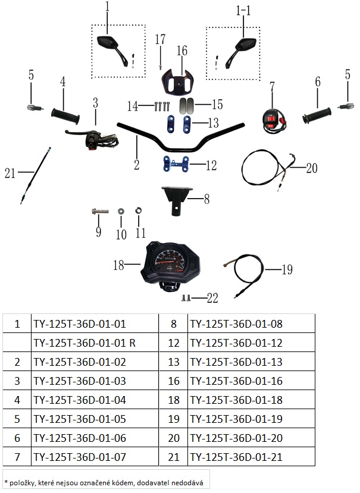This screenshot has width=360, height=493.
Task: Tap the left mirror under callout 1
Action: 112,51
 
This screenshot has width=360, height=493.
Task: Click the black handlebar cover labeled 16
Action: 177,81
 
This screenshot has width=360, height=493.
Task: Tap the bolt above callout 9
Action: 100,211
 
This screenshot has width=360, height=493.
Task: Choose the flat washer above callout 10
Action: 121,211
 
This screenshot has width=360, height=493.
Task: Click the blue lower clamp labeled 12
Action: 176,164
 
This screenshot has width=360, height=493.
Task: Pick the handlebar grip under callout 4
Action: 65,116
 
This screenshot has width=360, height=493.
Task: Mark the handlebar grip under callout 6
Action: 317,116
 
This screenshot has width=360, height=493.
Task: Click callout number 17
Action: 160,39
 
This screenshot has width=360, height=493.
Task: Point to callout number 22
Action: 212,298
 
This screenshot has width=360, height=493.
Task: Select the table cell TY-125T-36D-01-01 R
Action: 84,343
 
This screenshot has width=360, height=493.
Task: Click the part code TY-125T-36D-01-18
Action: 236,400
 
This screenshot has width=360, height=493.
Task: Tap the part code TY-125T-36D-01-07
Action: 80,457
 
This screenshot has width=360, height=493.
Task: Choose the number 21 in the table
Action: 173,457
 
